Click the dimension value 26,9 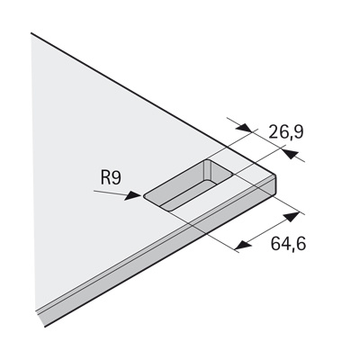click(x=285, y=132)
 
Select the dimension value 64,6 click(x=288, y=243)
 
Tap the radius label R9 click(x=111, y=177)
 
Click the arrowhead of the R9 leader click(x=133, y=196)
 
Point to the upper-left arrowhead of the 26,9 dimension click(x=244, y=128)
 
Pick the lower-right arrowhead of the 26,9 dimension click(x=291, y=154)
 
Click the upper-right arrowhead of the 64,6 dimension click(x=292, y=216)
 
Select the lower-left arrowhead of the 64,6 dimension click(x=243, y=246)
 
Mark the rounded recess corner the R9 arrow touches click(x=145, y=195)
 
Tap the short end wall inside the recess click(x=208, y=170)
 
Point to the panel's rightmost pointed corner click(x=275, y=174)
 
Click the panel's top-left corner click(x=31, y=32)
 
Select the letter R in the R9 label click(x=105, y=177)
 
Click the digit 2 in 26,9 click(x=273, y=132)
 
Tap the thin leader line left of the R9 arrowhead click(x=110, y=193)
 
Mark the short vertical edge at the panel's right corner click(x=275, y=184)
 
